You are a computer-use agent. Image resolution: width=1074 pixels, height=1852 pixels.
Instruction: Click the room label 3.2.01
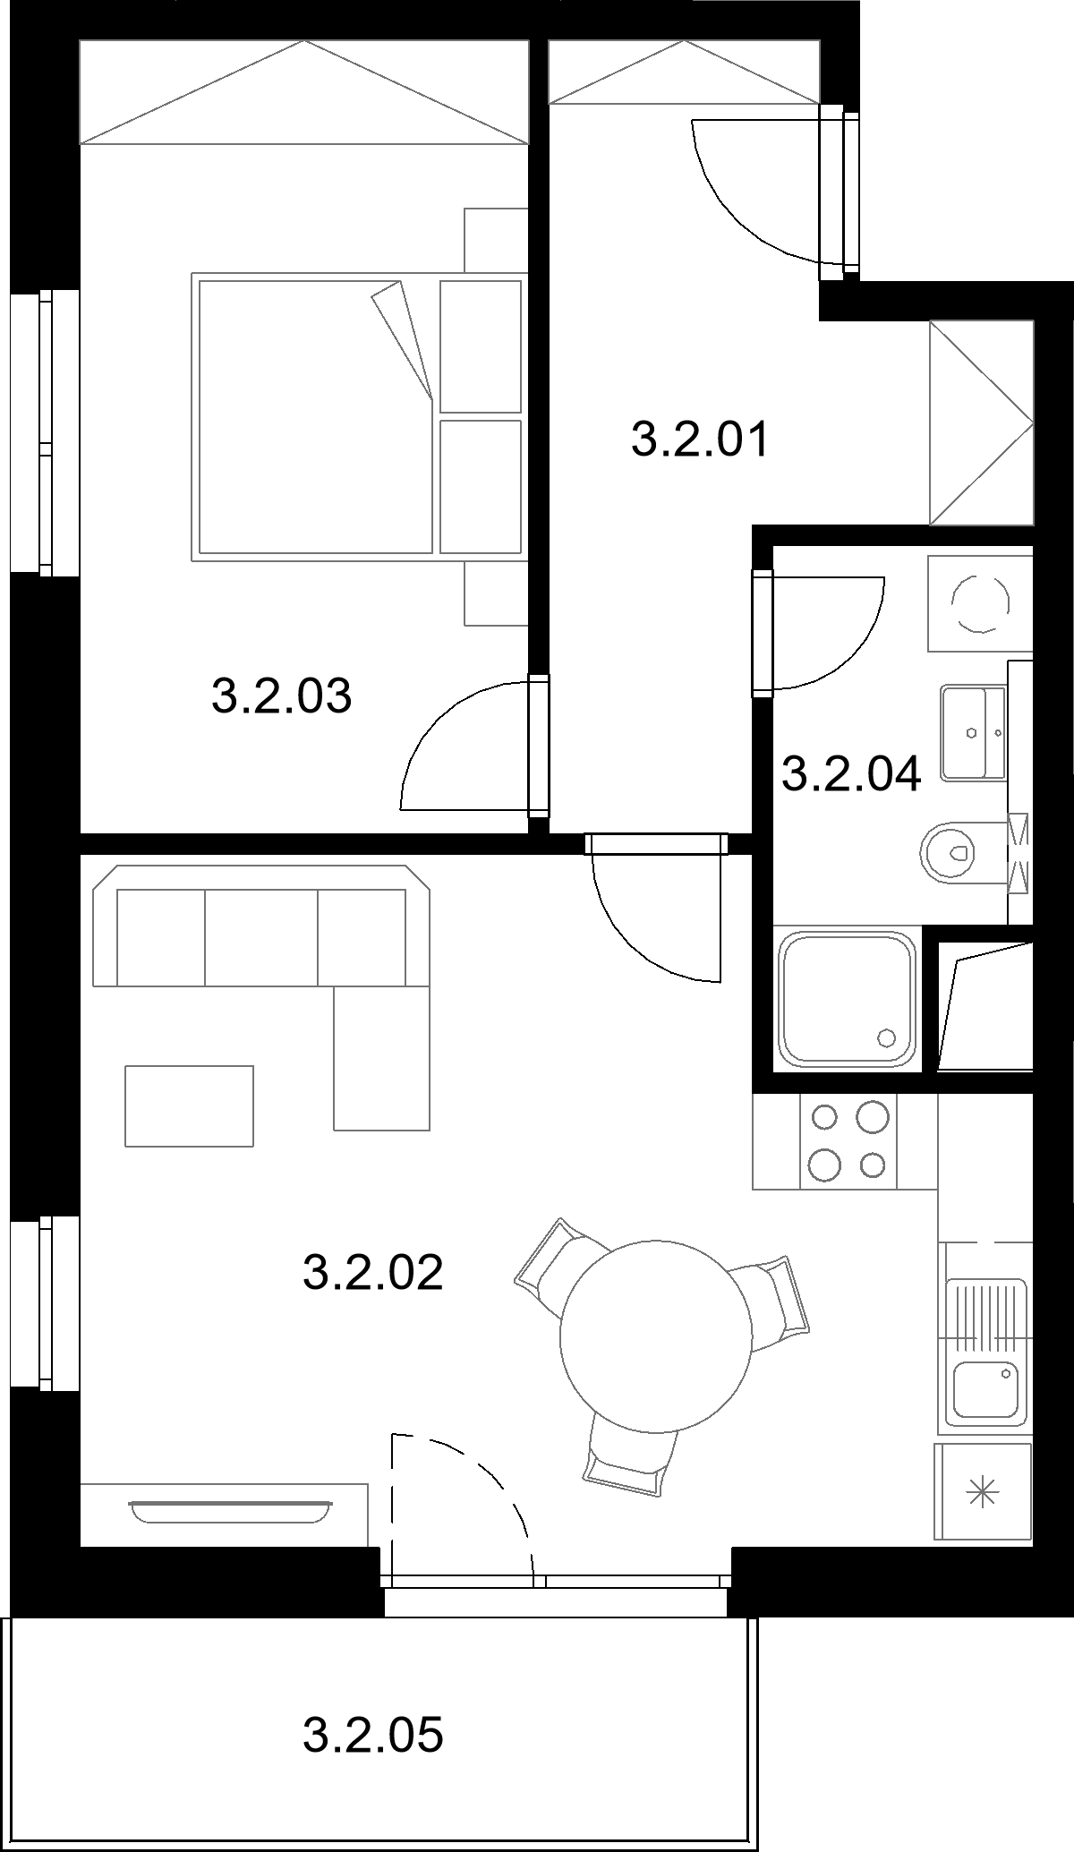[x=700, y=441]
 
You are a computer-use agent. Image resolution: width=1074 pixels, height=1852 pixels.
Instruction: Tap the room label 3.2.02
[x=373, y=1272]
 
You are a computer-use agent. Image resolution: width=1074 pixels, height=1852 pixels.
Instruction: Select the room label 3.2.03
[x=282, y=696]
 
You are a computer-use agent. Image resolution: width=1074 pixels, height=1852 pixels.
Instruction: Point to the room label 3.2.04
[x=851, y=773]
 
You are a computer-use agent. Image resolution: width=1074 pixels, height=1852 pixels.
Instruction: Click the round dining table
[x=655, y=1334]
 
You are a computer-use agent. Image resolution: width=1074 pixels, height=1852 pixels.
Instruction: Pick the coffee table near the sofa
[x=189, y=1105]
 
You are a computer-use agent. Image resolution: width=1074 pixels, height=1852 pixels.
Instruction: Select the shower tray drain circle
[x=887, y=1037]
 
